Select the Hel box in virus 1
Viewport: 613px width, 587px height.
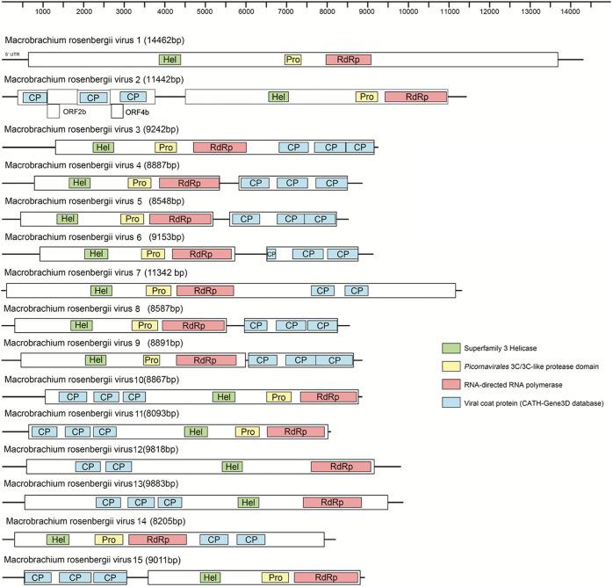tap(170, 60)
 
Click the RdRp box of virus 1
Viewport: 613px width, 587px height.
tap(348, 60)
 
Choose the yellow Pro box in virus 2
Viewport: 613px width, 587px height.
tap(367, 97)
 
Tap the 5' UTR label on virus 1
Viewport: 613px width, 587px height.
tap(12, 54)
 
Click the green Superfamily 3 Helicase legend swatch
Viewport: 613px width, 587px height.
tap(451, 348)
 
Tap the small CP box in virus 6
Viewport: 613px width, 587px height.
tap(271, 254)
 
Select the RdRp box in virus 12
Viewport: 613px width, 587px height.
tap(335, 467)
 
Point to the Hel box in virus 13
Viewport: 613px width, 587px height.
tap(249, 503)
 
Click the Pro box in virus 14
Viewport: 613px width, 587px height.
tap(108, 540)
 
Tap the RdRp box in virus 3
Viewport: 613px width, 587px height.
tap(220, 148)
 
